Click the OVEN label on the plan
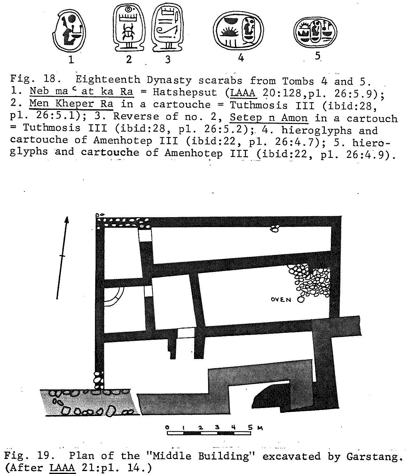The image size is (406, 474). [x=281, y=300]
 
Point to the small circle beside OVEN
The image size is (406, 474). [x=301, y=300]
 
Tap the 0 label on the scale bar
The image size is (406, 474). [x=167, y=428]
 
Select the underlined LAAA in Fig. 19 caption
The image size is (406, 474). [x=62, y=468]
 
